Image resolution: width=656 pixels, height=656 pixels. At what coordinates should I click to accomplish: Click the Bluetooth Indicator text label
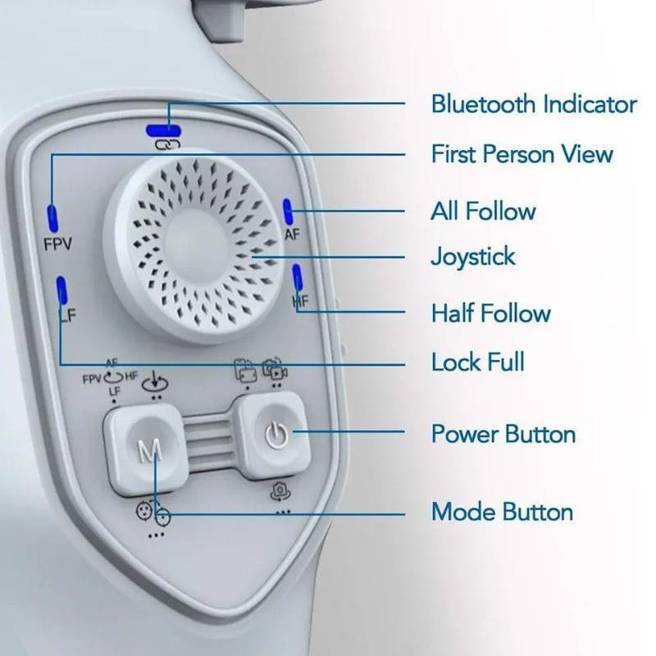point(534,104)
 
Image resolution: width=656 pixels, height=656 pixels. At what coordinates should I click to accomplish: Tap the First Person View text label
point(522,153)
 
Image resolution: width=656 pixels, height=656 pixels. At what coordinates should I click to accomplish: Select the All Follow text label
point(483,211)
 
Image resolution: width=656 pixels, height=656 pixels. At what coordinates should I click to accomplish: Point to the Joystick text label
point(473,257)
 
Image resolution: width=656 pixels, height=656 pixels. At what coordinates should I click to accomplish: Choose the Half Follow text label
point(490,313)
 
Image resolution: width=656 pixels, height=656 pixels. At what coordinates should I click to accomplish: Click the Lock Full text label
point(477,362)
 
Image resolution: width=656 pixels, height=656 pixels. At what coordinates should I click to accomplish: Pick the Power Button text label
point(503,434)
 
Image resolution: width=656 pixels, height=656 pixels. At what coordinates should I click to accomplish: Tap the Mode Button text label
point(502,511)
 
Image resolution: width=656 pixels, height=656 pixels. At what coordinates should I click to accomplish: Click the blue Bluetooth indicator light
point(163,131)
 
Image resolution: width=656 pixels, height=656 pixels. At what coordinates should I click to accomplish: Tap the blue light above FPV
point(52,218)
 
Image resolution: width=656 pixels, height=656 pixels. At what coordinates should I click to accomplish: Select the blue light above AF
point(288,212)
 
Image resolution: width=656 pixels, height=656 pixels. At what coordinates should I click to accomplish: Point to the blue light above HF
point(297,276)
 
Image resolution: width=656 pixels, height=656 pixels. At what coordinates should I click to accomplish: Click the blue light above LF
point(61,289)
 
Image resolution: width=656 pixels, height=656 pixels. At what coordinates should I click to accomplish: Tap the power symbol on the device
point(276,435)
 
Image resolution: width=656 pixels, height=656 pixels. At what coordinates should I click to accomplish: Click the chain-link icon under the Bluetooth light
point(167,144)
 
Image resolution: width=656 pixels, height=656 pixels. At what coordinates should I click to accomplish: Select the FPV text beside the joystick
point(57,244)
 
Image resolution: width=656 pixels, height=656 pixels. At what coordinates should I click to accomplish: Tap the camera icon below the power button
point(280,492)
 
